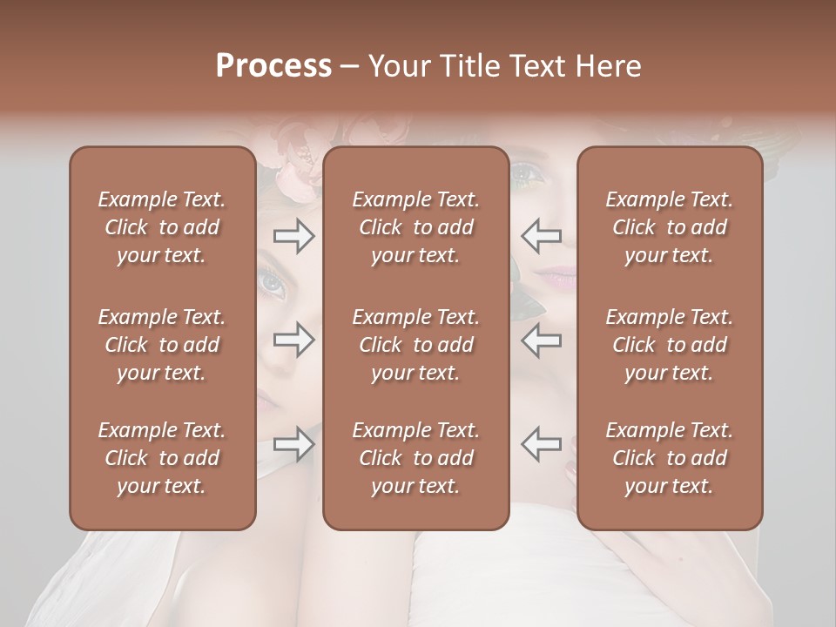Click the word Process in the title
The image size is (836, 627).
(x=273, y=66)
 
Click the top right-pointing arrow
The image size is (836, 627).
(x=293, y=236)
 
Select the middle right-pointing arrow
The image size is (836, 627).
(x=293, y=340)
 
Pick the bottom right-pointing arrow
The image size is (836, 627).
(x=293, y=444)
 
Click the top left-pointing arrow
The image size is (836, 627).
(x=542, y=236)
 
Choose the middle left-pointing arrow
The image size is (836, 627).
(x=542, y=340)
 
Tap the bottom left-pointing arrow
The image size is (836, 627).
(x=542, y=444)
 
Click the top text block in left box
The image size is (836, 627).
(x=162, y=227)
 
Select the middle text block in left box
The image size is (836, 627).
(x=162, y=345)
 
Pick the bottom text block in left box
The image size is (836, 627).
(x=162, y=458)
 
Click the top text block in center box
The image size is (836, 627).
(x=415, y=227)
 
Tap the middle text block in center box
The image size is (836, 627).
(x=415, y=345)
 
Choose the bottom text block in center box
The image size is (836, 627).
(x=415, y=458)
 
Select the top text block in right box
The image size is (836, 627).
(x=669, y=227)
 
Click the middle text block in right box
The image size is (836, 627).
(x=669, y=345)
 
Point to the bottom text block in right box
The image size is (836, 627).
(x=669, y=458)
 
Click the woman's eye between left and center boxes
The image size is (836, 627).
(x=273, y=282)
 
